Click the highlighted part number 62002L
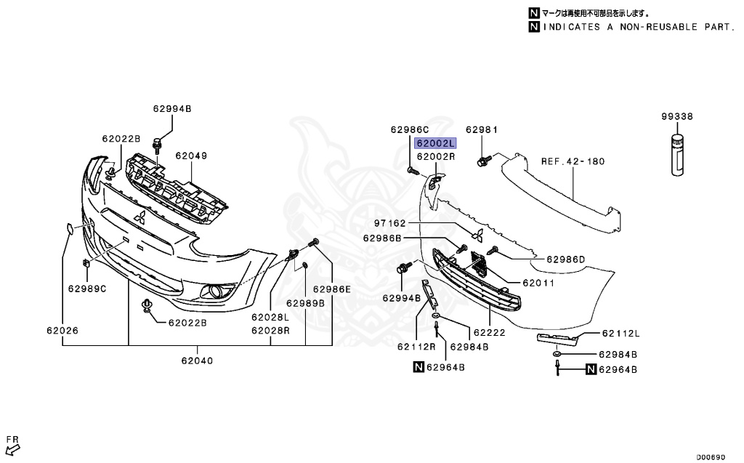(x=435, y=144)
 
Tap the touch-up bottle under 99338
(x=676, y=156)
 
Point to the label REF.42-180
(x=573, y=161)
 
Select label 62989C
(x=87, y=289)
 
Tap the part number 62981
(x=482, y=130)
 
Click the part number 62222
(x=489, y=331)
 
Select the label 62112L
(x=620, y=334)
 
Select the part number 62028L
(x=270, y=318)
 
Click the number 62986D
(x=565, y=258)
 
